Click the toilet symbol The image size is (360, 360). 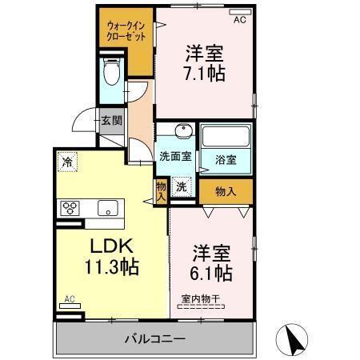(x=112, y=74)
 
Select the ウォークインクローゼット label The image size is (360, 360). (x=126, y=30)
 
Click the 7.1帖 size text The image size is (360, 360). (x=204, y=74)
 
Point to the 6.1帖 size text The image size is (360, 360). (x=211, y=273)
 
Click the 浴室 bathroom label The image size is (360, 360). (x=226, y=159)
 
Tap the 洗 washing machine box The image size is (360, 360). (x=182, y=186)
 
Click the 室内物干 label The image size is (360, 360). (x=200, y=299)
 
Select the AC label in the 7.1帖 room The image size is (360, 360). (x=239, y=21)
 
